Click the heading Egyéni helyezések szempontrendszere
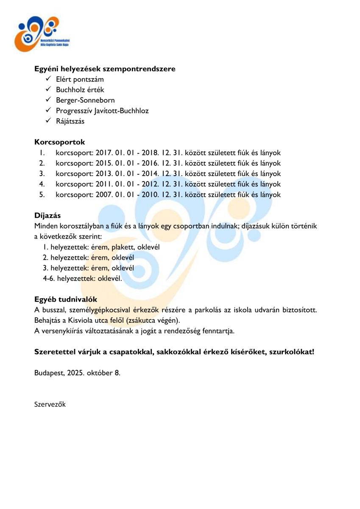[x=105, y=69]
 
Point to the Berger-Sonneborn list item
[x=85, y=100]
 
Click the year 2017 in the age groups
[x=104, y=153]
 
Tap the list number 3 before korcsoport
[x=42, y=173]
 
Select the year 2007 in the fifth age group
[x=104, y=195]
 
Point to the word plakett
[x=122, y=247]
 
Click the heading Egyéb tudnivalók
[x=66, y=299]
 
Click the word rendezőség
[x=186, y=331]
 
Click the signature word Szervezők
[x=50, y=404]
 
